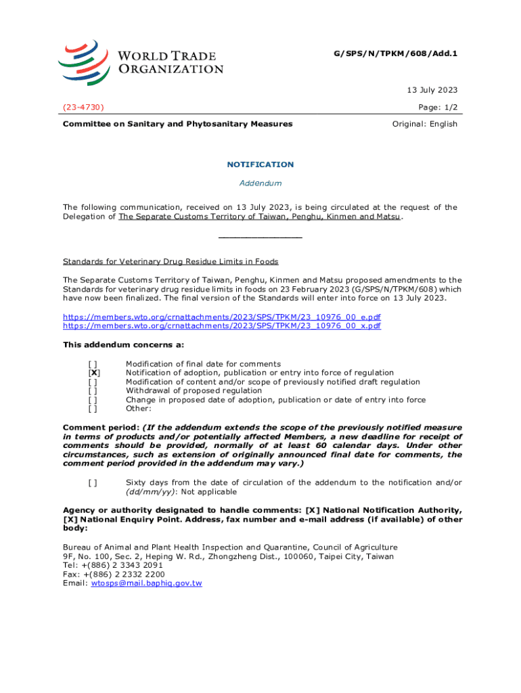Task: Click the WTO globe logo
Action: click(83, 62)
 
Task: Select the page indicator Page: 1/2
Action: click(438, 107)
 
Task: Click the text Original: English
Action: click(425, 124)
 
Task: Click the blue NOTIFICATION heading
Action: click(260, 164)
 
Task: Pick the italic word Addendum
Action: click(260, 183)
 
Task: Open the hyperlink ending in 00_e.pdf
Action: click(222, 317)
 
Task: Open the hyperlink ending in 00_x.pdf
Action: click(222, 326)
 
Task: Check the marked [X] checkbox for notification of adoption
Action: click(94, 373)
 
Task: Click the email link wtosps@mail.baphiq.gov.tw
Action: click(146, 583)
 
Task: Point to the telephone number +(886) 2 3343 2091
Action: click(122, 565)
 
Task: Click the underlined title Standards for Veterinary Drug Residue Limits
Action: click(171, 262)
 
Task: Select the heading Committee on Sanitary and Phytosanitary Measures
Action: click(178, 124)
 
